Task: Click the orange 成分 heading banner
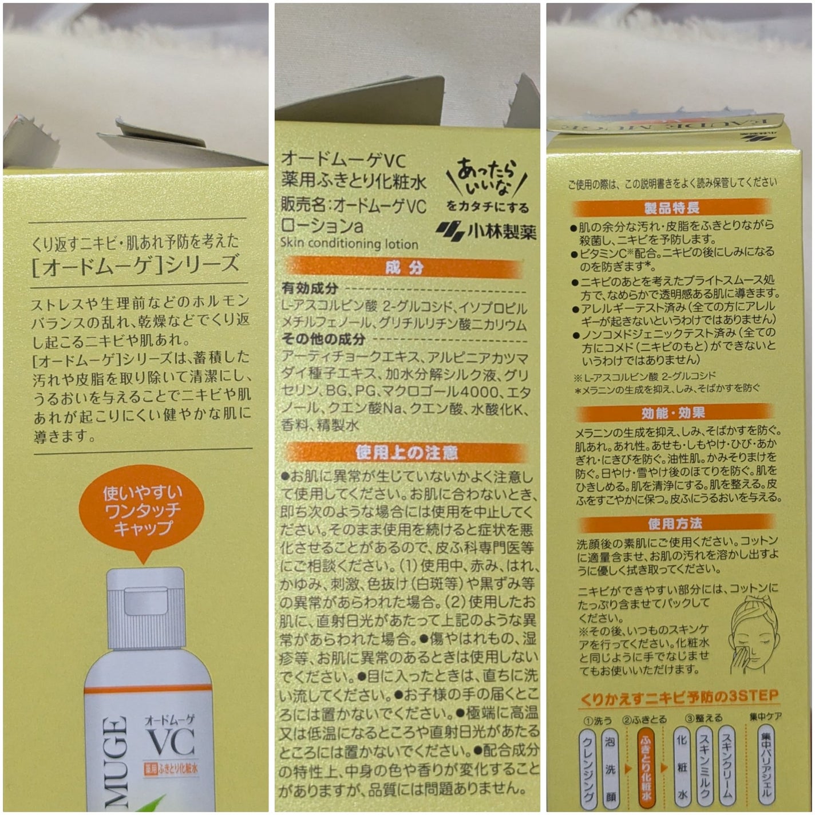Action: tap(404, 267)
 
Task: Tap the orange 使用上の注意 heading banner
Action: tap(406, 453)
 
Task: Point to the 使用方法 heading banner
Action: tap(675, 523)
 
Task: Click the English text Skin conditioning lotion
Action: tap(349, 243)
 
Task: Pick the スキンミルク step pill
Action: tap(704, 763)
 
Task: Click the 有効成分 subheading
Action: tap(310, 288)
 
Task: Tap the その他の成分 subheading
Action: tap(323, 339)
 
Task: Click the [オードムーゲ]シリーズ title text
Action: tap(136, 265)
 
